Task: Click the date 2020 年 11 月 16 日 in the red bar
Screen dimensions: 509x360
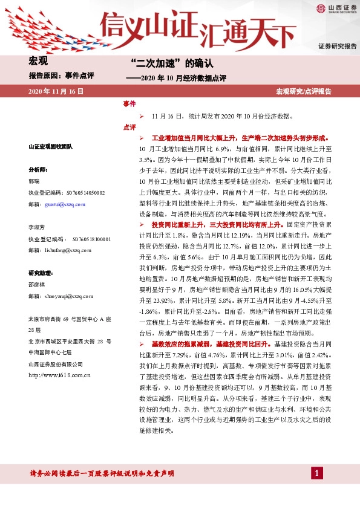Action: tap(56, 91)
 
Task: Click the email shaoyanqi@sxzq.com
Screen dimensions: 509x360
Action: tap(61, 297)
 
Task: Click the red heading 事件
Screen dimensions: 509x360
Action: tap(129, 104)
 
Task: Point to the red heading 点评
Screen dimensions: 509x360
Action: tap(129, 127)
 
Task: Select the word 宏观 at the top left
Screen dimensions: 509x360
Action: tap(38, 61)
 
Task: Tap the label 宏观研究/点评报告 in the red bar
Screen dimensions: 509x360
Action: tap(304, 91)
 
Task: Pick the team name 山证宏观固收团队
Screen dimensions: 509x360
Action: tap(50, 147)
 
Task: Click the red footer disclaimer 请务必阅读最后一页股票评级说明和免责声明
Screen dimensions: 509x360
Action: tap(102, 473)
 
